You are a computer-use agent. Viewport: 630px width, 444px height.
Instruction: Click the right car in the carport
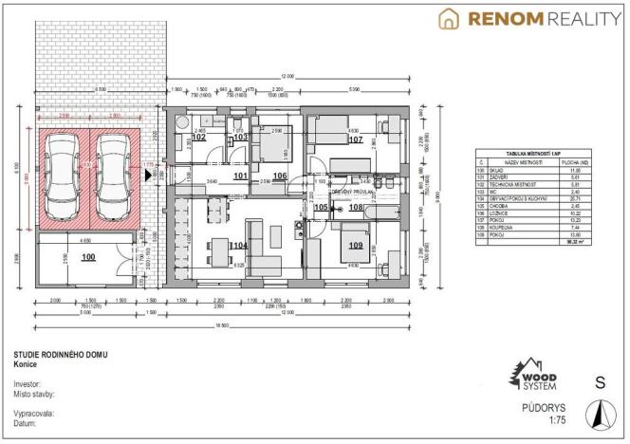pyautogui.click(x=111, y=177)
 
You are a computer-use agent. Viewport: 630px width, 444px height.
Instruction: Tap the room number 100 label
pyautogui.click(x=88, y=257)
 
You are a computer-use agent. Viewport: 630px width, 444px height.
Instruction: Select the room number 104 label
pyautogui.click(x=238, y=246)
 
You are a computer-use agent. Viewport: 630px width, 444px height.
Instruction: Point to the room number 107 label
pyautogui.click(x=356, y=139)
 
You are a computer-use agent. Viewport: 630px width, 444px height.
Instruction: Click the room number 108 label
pyautogui.click(x=356, y=206)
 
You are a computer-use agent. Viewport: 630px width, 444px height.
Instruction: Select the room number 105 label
pyautogui.click(x=321, y=207)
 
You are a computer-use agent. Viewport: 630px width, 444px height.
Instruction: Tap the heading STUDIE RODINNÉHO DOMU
pyautogui.click(x=60, y=355)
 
